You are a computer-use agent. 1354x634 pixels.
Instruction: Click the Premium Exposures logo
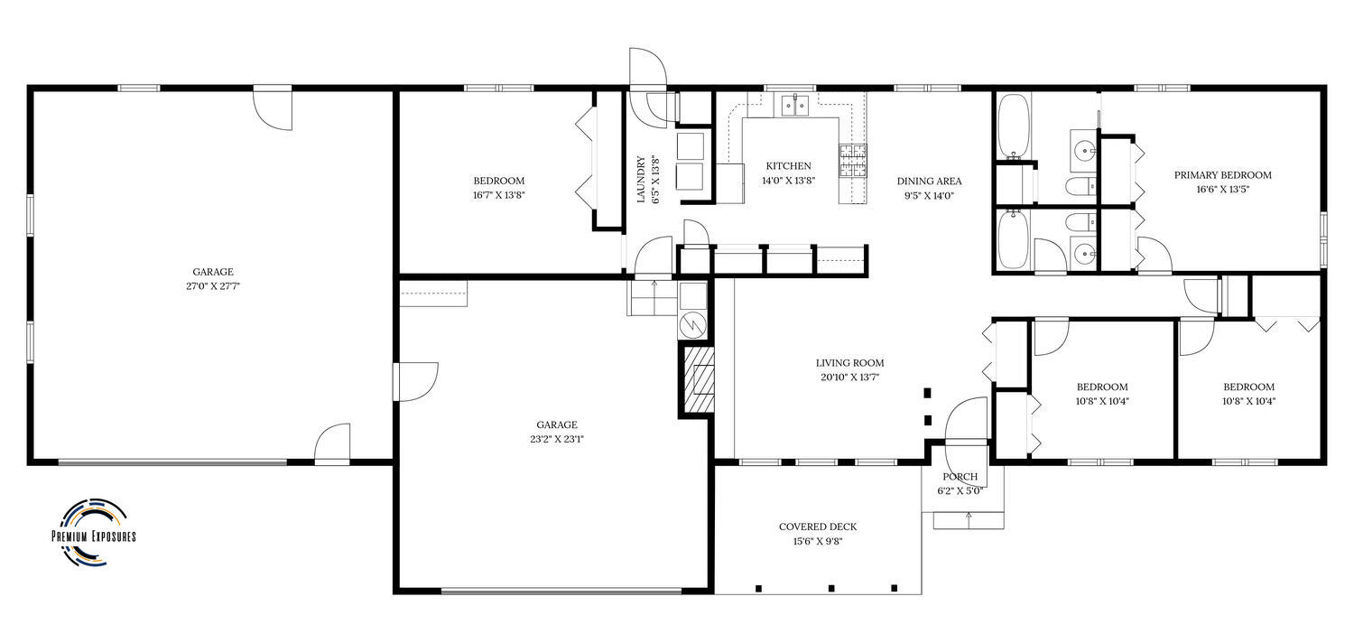[94, 533]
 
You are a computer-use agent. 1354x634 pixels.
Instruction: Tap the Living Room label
[850, 363]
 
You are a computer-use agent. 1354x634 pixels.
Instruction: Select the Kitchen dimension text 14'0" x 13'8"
[789, 180]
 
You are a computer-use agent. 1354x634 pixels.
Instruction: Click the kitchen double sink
[795, 106]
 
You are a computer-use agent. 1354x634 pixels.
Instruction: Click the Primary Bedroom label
[1223, 175]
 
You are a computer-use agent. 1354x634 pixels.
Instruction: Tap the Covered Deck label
[818, 527]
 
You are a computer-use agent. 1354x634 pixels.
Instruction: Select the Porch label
[960, 477]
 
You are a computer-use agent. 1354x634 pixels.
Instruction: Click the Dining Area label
[929, 181]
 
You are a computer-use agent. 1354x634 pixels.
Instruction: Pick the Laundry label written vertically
[641, 179]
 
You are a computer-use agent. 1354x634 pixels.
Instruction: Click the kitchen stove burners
[852, 162]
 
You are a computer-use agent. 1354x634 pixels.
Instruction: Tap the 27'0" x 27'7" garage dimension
[213, 286]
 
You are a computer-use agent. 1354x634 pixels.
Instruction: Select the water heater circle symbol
[692, 325]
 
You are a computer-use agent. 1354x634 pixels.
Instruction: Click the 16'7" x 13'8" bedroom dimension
[498, 195]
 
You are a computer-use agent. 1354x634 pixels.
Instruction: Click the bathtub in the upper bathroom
[1013, 126]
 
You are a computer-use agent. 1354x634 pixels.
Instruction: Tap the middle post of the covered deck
[831, 588]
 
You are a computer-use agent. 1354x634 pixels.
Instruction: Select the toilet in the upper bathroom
[1081, 184]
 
